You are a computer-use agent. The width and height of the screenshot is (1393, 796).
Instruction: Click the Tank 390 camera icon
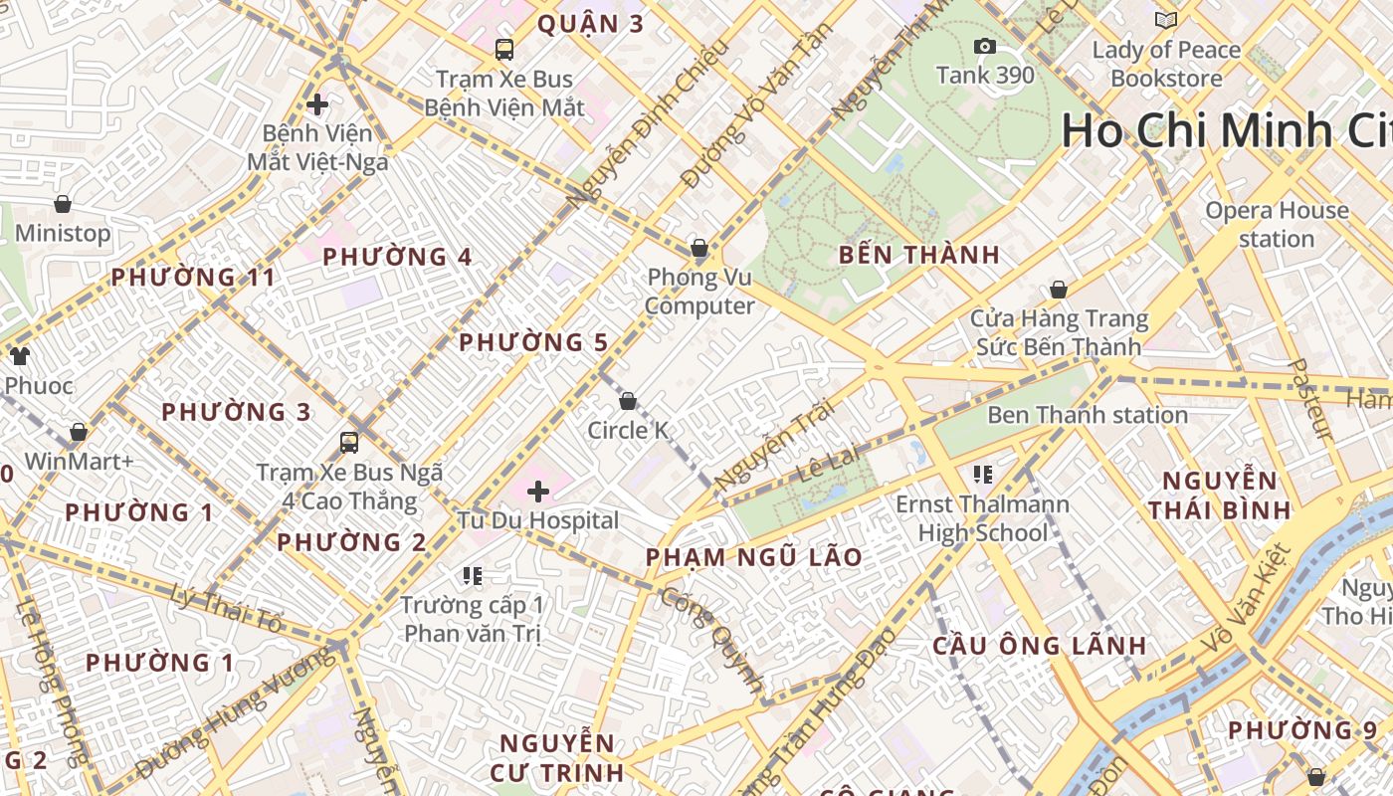click(985, 47)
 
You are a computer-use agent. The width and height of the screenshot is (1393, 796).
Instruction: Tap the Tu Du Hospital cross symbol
click(538, 492)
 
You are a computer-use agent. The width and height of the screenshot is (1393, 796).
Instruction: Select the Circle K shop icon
click(628, 402)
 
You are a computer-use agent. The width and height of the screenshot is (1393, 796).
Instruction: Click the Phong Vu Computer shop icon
click(699, 248)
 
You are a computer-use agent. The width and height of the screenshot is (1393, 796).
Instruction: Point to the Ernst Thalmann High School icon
click(983, 476)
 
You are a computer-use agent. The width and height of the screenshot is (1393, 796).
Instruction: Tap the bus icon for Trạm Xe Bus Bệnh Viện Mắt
click(504, 50)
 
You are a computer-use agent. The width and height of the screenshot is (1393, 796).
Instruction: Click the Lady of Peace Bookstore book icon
click(1166, 20)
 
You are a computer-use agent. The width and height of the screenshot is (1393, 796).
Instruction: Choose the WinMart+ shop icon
click(79, 433)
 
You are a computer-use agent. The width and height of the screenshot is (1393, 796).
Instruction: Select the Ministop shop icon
click(63, 205)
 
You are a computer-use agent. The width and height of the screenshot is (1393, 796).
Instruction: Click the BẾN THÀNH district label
click(918, 255)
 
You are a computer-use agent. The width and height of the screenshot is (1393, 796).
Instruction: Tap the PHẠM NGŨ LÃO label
click(753, 557)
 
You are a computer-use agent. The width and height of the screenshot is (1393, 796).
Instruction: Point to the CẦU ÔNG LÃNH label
click(1039, 646)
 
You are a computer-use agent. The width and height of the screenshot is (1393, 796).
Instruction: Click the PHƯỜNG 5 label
click(532, 343)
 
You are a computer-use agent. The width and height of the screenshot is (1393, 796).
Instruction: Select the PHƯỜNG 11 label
click(192, 278)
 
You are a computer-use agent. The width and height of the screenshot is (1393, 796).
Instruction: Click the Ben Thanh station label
click(1087, 415)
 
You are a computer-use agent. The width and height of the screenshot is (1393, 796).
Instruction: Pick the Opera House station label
click(1277, 225)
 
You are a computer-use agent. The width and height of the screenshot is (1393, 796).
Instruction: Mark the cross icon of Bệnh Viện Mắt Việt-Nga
click(317, 104)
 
